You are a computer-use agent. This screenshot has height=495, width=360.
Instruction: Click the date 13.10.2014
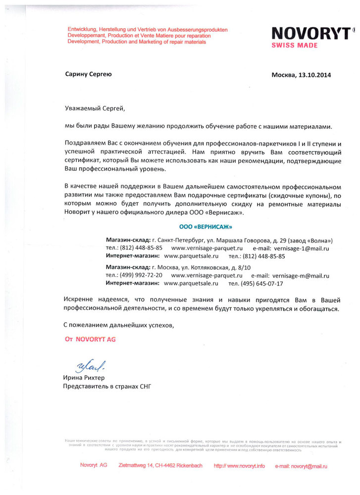click(314, 75)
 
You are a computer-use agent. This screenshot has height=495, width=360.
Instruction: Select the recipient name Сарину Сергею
click(89, 74)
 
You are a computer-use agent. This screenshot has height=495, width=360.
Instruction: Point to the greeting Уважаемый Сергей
click(93, 107)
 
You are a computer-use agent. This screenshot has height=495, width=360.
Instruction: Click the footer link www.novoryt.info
click(240, 466)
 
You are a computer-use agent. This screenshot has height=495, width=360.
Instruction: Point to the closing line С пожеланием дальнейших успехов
click(119, 325)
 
